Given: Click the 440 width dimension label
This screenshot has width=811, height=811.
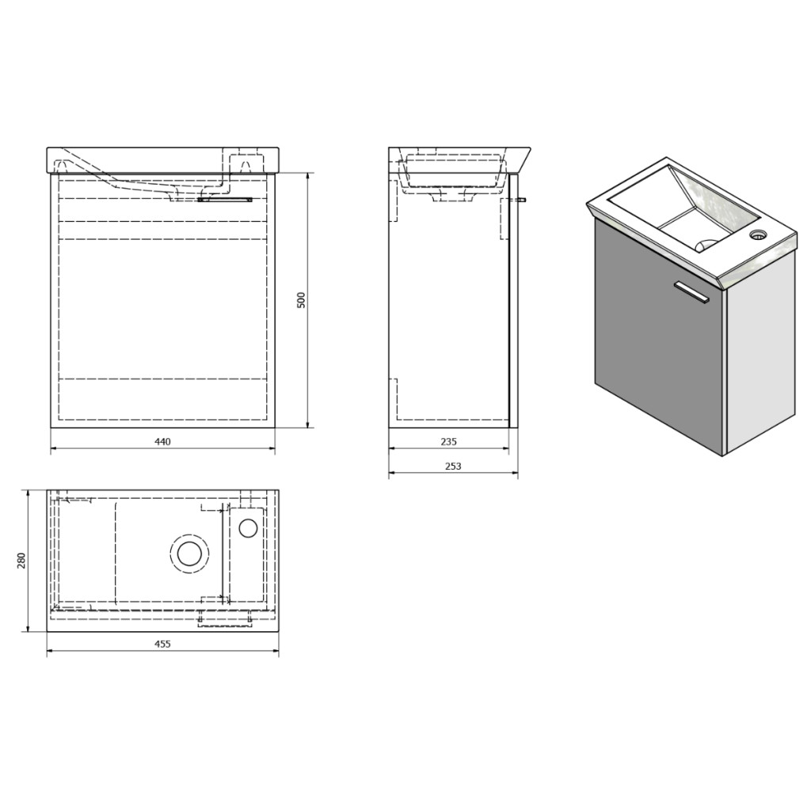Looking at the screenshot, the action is (x=162, y=442).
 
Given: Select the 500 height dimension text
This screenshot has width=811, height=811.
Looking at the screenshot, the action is (x=302, y=300).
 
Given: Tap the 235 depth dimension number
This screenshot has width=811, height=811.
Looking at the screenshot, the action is (x=449, y=442).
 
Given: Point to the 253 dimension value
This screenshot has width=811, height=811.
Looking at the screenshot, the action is (x=453, y=466).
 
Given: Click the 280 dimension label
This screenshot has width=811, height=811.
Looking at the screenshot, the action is (x=21, y=560).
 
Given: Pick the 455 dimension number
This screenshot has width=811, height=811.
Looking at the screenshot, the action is (x=162, y=644).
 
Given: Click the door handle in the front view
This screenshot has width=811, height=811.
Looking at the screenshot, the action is (x=224, y=199).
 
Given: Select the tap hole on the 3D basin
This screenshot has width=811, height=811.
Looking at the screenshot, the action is (x=757, y=234).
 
